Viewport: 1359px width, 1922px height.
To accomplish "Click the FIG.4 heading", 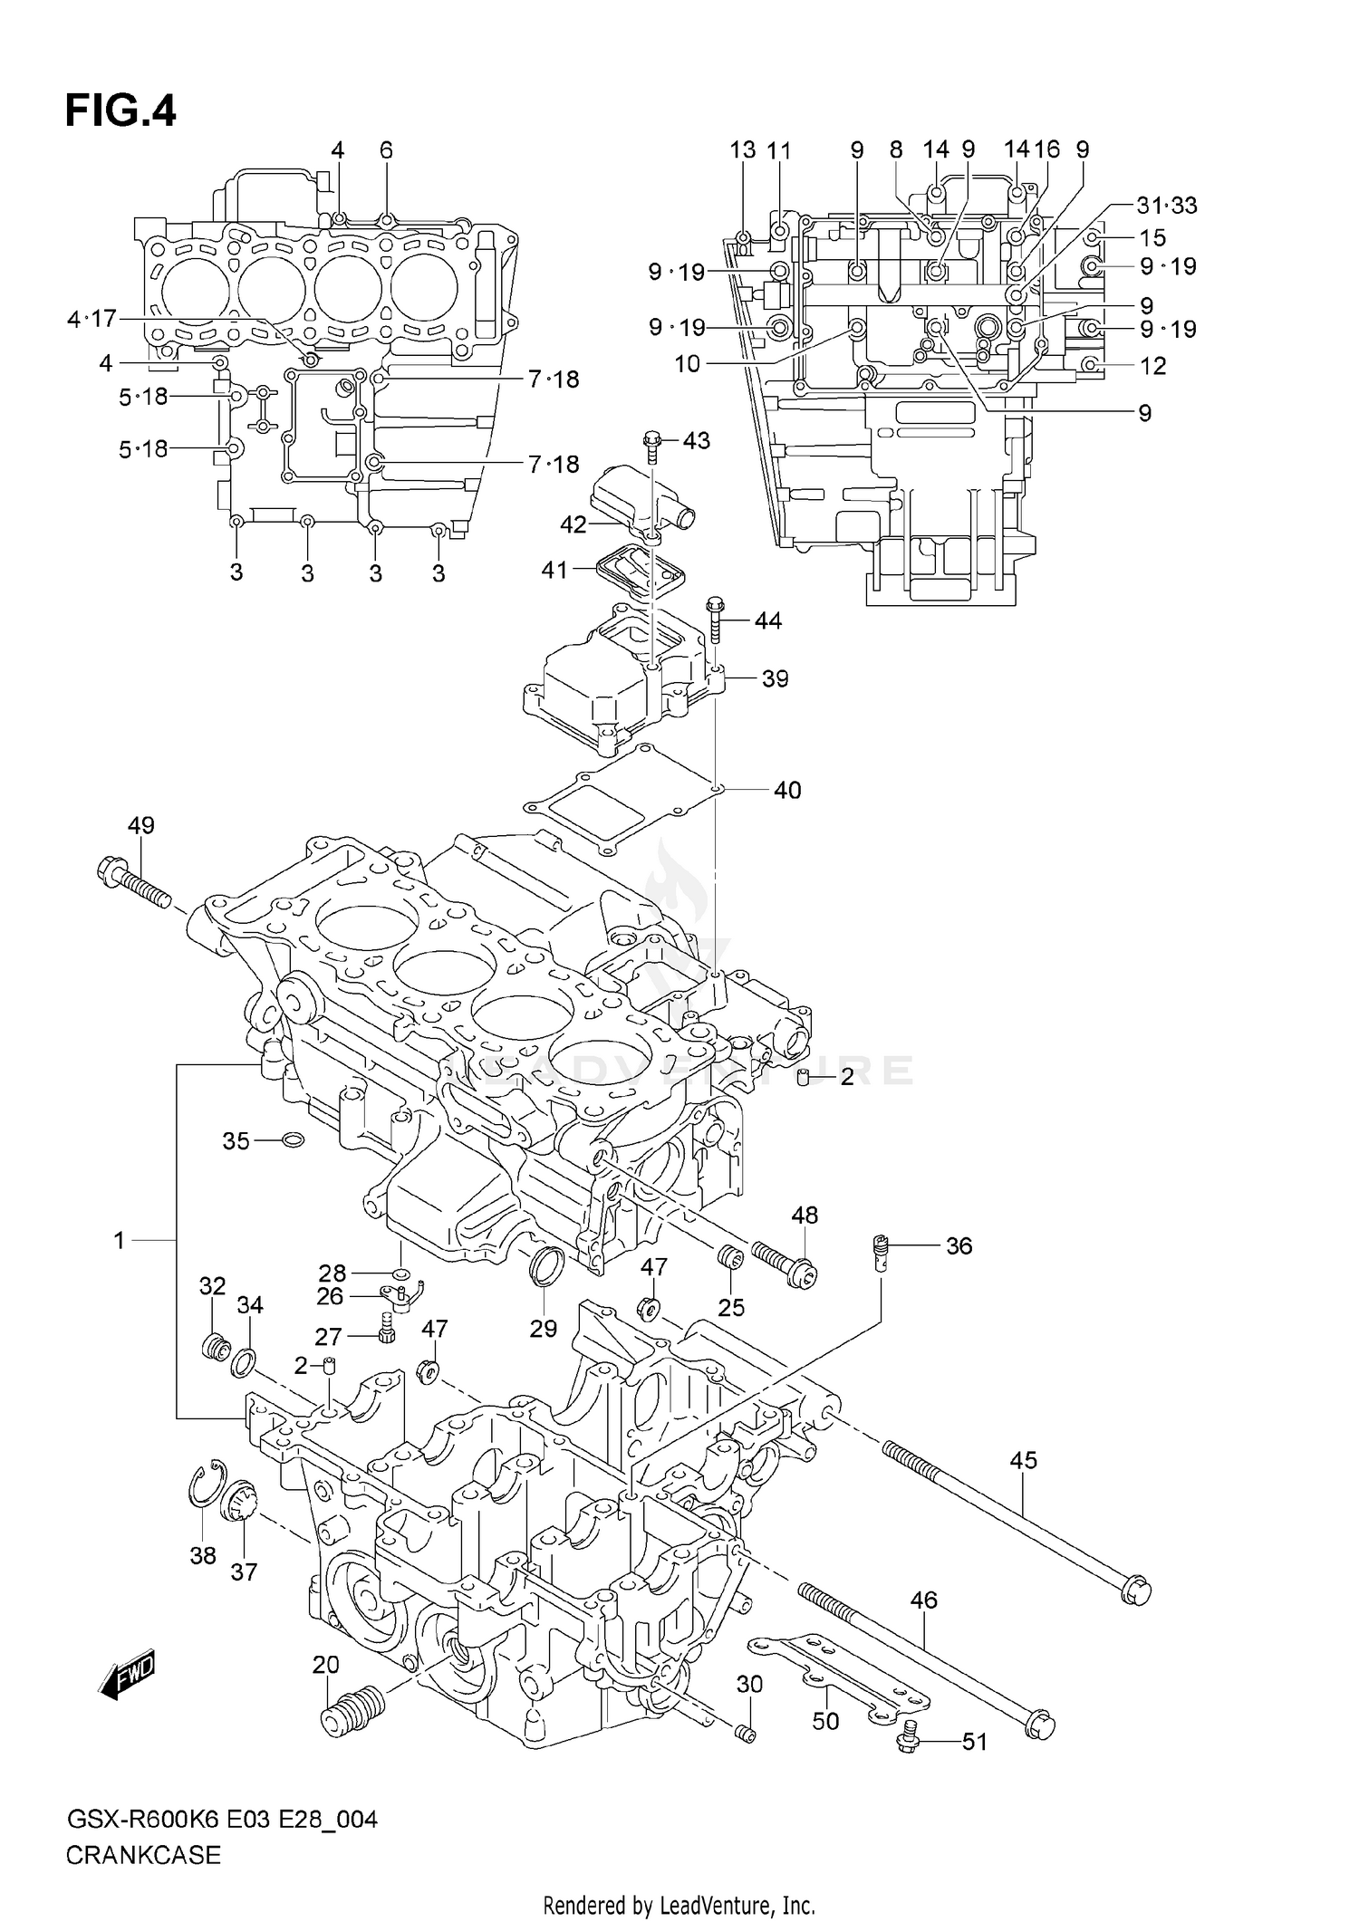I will pyautogui.click(x=120, y=111).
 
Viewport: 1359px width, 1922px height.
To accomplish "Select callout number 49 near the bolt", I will pyautogui.click(x=140, y=825).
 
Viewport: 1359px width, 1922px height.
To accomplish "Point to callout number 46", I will pyautogui.click(x=923, y=1600).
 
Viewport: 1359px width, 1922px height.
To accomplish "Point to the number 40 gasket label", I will pyautogui.click(x=786, y=791).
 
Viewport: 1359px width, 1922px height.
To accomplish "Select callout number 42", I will pyautogui.click(x=573, y=524).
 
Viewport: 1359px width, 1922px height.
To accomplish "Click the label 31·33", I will pyautogui.click(x=1166, y=206).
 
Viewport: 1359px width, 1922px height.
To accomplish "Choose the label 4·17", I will pyautogui.click(x=92, y=319).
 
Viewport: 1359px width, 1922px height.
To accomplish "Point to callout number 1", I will pyautogui.click(x=119, y=1240).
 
